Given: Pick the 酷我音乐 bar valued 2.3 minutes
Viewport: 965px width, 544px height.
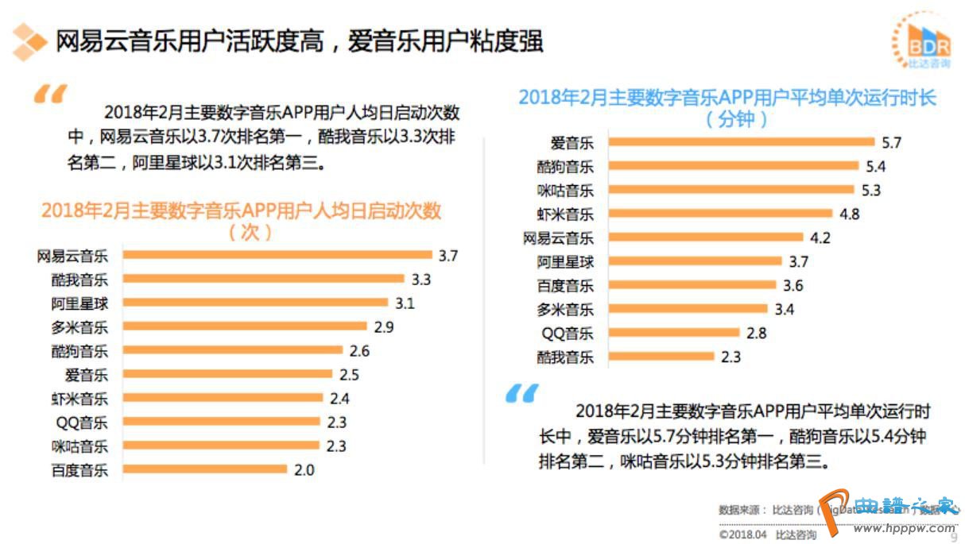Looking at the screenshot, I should (x=659, y=357).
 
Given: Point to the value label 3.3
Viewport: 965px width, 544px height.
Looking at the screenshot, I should (x=421, y=280).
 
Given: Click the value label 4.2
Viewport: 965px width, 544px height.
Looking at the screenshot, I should (x=820, y=237).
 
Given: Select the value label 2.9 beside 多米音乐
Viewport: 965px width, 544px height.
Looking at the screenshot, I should (x=384, y=327).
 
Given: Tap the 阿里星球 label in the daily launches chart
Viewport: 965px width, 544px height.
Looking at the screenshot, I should (x=79, y=303).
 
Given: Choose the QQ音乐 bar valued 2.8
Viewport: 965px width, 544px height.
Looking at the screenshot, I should (x=672, y=333).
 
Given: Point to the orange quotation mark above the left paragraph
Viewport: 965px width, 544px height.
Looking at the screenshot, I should (x=49, y=96).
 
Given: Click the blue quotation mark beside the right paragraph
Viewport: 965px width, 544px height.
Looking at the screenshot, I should (x=521, y=392).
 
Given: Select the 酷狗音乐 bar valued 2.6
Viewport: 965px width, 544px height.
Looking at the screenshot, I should (x=233, y=350).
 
